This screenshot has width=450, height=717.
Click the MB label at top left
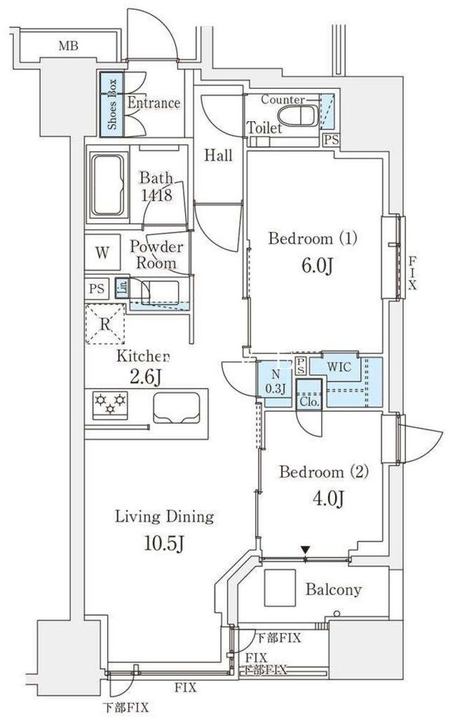68,47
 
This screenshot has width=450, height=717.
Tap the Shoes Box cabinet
111,104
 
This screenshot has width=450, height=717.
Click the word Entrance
154,104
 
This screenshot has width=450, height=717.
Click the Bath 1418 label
156,186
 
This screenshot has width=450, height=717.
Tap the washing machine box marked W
102,253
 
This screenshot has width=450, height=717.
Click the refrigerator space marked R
104,324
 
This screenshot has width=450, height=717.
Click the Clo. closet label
309,402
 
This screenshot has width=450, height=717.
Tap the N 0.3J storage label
273,381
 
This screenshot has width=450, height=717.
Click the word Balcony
333,590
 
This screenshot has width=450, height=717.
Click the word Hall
219,155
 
